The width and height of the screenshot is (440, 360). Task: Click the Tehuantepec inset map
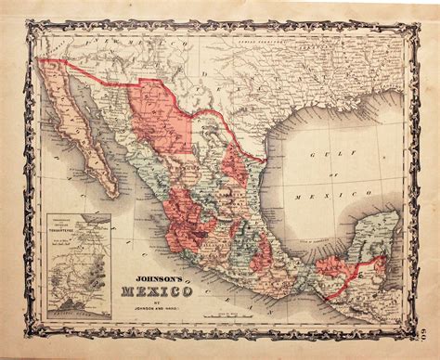(80, 264)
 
